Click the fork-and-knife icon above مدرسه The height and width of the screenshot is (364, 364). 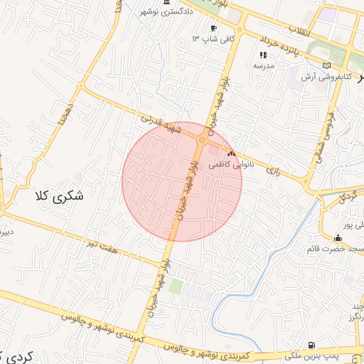[x=263, y=54]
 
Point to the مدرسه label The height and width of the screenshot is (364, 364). [x=264, y=65]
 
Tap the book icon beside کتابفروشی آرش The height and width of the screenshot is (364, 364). [x=326, y=65]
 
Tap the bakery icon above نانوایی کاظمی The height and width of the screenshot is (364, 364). [x=231, y=153]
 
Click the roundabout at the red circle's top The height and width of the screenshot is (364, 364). [x=203, y=140]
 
